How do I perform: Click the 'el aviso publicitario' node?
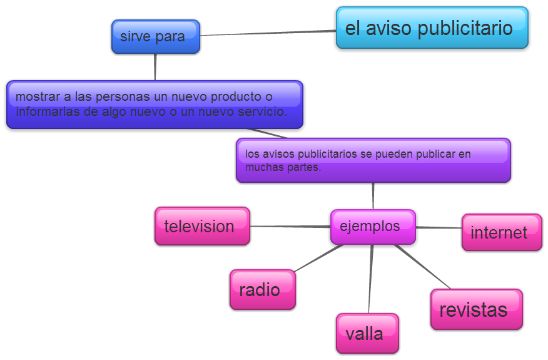tap(432, 28)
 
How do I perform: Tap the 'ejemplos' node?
tap(373, 227)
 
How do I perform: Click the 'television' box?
tap(202, 226)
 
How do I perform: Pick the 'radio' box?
tap(262, 289)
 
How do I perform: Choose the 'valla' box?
tap(367, 333)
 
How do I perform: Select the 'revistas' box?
tap(476, 309)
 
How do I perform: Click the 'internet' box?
tap(501, 232)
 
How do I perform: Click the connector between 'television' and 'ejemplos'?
tap(290, 226)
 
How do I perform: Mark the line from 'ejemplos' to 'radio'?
tap(319, 257)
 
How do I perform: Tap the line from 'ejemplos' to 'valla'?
tap(370, 279)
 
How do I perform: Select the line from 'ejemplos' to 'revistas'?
tap(422, 266)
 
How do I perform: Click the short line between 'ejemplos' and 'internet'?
tap(439, 228)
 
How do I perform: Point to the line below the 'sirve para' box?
tap(155, 67)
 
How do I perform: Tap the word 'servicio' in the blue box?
tap(262, 112)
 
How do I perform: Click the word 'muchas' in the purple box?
tap(263, 167)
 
